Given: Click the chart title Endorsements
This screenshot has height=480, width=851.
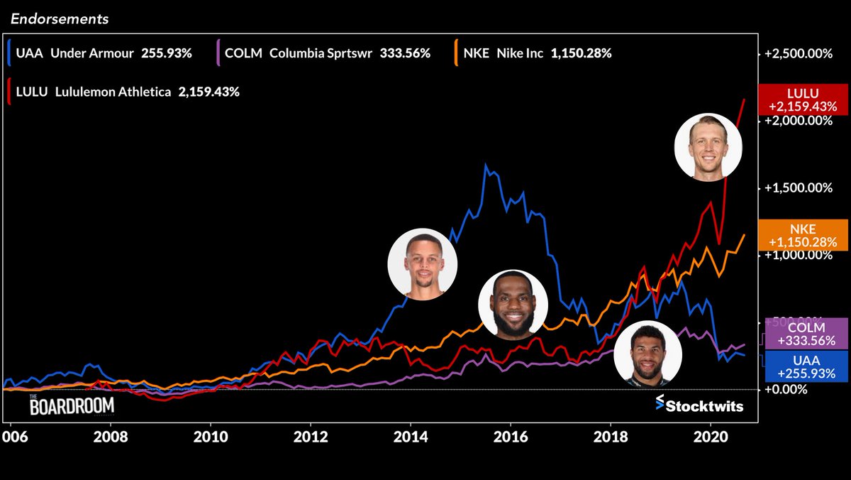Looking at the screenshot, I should point(59,19).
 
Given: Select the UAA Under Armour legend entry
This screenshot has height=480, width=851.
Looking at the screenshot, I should point(100,53).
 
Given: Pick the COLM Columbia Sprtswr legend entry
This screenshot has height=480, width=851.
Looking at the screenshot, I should point(323,53).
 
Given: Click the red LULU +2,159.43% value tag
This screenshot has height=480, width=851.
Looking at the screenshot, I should point(803,100).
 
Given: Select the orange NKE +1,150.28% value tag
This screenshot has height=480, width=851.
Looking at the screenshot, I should point(803,235).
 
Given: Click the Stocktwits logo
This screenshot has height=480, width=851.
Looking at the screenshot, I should point(699,405).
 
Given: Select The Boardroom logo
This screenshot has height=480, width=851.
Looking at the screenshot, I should point(71,405).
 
